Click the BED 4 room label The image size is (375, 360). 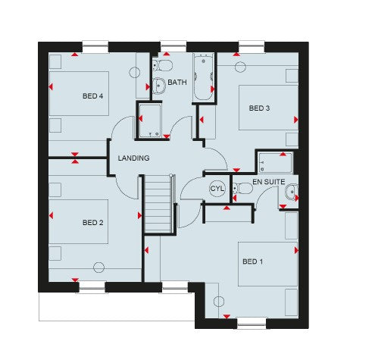point(92,95)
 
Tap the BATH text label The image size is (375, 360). point(177,83)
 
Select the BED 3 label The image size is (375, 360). point(259,108)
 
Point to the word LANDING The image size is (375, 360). point(133,158)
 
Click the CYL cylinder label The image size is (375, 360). point(217,189)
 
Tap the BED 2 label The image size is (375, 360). point(92,222)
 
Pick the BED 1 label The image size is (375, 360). point(252,261)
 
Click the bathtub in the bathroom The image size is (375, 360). point(203,78)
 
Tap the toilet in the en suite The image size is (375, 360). point(243,188)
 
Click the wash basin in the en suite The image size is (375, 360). point(290,194)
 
